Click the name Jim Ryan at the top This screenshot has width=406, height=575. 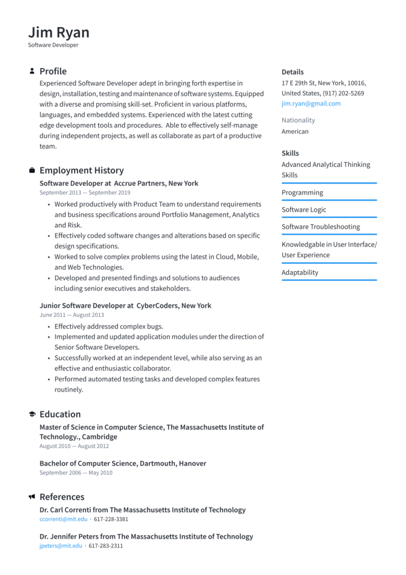pos(58,32)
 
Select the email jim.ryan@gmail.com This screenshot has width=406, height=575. pos(311,104)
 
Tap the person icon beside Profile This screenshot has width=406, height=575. pos(32,71)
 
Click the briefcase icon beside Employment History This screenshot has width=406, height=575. pos(32,171)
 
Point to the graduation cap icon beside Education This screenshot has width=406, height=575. pos(32,414)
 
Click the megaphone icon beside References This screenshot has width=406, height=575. pos(32,497)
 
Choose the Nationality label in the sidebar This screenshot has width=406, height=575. pos(298,120)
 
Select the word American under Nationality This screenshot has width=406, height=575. pos(295,131)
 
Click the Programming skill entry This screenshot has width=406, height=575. pos(302,193)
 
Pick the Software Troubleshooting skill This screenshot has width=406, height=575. pos(321,227)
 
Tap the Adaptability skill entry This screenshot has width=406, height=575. pos(299,272)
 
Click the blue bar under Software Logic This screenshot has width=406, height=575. pos(329,217)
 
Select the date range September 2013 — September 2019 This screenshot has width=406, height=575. pos(85,193)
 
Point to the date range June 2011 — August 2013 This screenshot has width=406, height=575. pos(72,315)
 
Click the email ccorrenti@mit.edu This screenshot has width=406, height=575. pos(63,519)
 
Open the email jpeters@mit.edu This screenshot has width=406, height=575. pos(61,546)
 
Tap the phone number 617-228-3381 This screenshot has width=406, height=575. pos(111,519)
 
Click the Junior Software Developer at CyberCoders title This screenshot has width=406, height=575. pos(125,305)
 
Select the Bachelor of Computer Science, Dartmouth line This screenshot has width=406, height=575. pos(122,463)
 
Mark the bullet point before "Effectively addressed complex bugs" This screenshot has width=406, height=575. pos(49,327)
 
